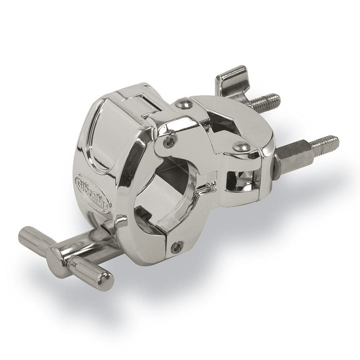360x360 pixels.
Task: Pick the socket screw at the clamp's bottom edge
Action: click(176, 246)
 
